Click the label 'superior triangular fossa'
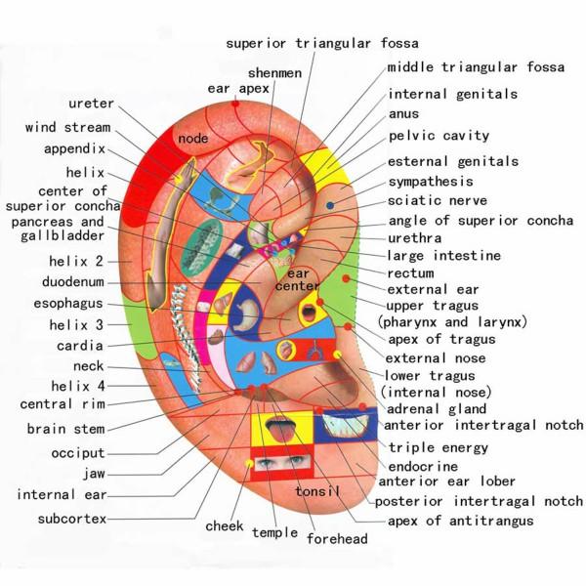[321, 43]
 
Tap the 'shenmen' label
[274, 73]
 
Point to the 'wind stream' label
[67, 128]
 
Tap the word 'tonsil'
[317, 490]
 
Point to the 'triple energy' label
[439, 447]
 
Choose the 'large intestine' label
[444, 256]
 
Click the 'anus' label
[404, 115]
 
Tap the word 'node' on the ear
[193, 140]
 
